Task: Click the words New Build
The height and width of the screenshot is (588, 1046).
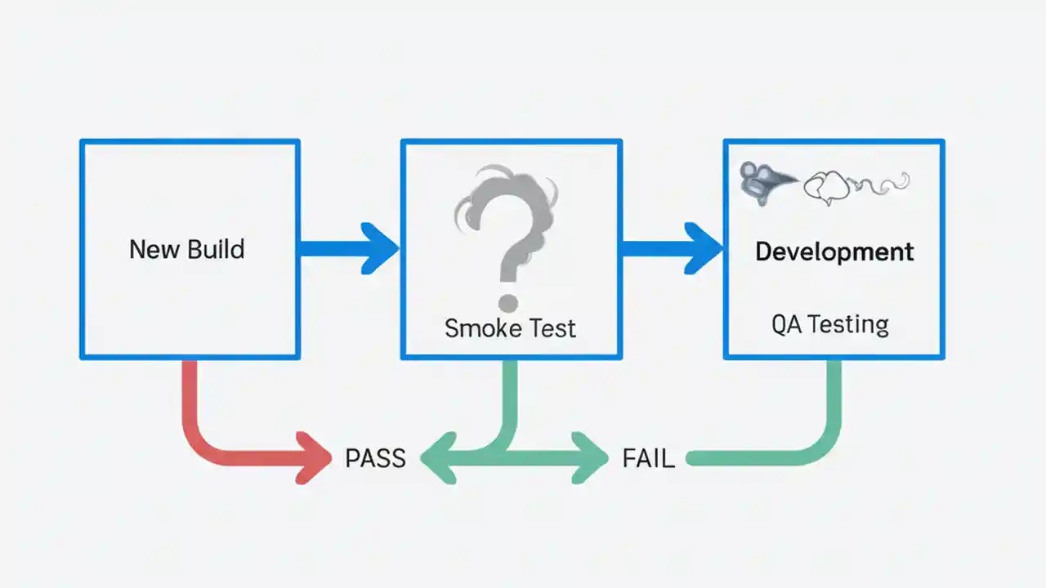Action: pos(186,249)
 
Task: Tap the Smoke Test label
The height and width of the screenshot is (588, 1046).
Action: pos(510,328)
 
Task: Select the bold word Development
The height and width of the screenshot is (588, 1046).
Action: pos(834,251)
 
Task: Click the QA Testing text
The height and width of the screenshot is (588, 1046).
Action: pos(829,324)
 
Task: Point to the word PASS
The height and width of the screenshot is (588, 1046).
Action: pos(375,459)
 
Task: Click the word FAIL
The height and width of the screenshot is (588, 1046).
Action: pos(648,459)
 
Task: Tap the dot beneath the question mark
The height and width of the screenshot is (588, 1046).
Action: pos(507,302)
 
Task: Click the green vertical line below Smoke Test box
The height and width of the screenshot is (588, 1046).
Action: pos(509,400)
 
